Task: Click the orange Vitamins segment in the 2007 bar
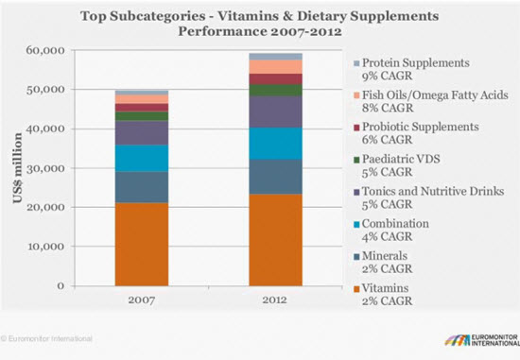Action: (x=142, y=245)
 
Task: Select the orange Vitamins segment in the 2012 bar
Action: (x=275, y=240)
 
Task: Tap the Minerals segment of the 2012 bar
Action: (x=275, y=177)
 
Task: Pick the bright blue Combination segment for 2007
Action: (x=142, y=158)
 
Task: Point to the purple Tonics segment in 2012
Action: (x=275, y=112)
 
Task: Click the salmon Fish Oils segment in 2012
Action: (x=275, y=67)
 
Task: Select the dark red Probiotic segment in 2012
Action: (x=275, y=78)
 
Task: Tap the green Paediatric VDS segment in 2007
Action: (x=142, y=116)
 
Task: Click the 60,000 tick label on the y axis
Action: (x=45, y=50)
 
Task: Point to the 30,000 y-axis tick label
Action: (x=45, y=168)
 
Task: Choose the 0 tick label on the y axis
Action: (x=61, y=285)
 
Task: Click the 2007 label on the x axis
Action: (x=142, y=300)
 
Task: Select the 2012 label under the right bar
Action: (x=275, y=300)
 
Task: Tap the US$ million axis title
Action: (x=18, y=168)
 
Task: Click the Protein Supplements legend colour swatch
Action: (x=356, y=63)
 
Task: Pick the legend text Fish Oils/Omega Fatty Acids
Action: (x=435, y=95)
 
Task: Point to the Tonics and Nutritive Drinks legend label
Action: (x=433, y=191)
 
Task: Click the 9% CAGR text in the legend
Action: (x=387, y=76)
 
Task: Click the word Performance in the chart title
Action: (x=222, y=31)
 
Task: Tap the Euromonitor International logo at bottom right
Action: (x=482, y=340)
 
